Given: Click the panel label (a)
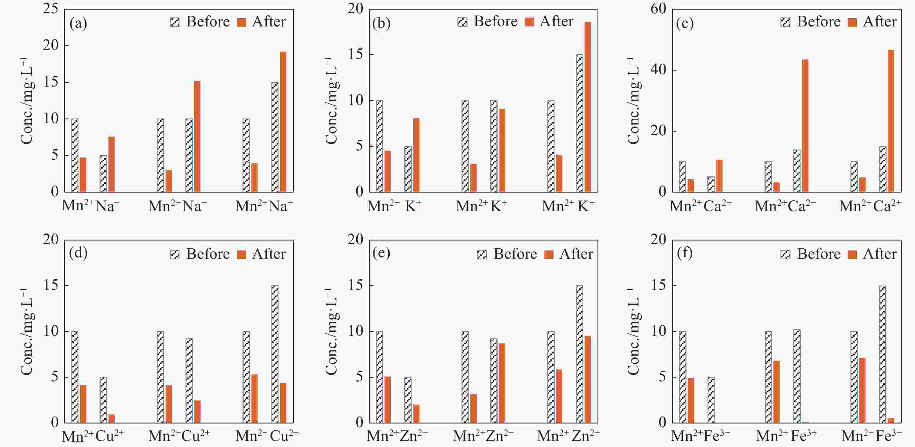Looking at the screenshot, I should pyautogui.click(x=78, y=24).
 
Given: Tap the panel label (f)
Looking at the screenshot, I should pyautogui.click(x=684, y=253).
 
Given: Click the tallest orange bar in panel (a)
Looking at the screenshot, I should pyautogui.click(x=283, y=121).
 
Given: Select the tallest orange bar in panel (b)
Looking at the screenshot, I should pyautogui.click(x=588, y=107).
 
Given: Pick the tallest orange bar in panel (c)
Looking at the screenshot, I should pyautogui.click(x=891, y=121).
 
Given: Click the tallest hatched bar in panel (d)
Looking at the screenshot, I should pyautogui.click(x=275, y=354).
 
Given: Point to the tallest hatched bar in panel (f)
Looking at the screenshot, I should pyautogui.click(x=882, y=354).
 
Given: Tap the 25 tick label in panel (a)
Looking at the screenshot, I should pyautogui.click(x=51, y=8).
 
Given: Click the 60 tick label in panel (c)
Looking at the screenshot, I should pyautogui.click(x=658, y=8).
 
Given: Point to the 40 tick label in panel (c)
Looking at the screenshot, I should pyautogui.click(x=658, y=70).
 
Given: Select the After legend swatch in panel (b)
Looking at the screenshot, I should pyautogui.click(x=529, y=22).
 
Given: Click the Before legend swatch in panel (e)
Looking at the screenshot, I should pyautogui.click(x=482, y=254).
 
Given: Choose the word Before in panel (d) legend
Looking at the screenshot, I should pyautogui.click(x=208, y=254).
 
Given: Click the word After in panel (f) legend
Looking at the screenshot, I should pyautogui.click(x=880, y=254).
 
